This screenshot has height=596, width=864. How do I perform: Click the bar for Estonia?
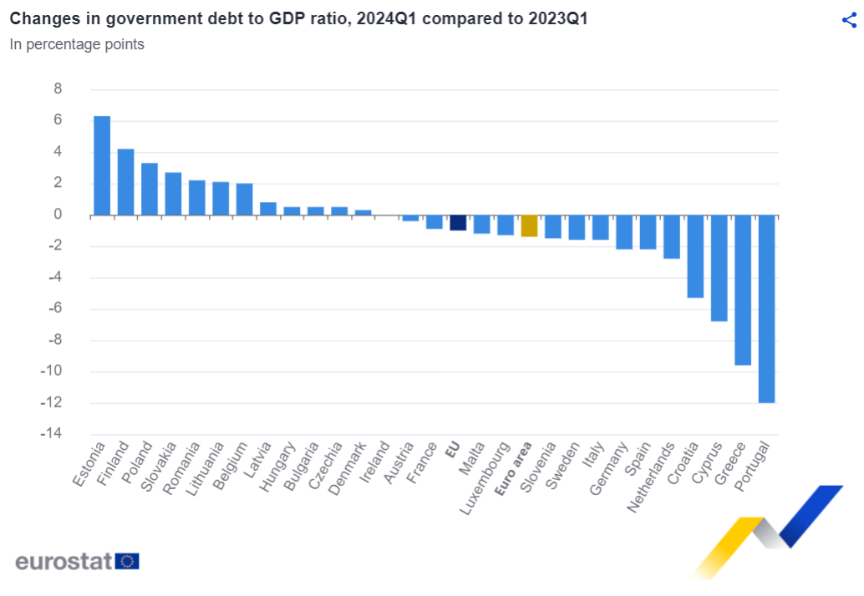(102, 165)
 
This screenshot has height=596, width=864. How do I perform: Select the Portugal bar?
(766, 309)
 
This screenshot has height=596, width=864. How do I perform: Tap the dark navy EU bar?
(458, 222)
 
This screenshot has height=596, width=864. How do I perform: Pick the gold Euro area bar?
(529, 225)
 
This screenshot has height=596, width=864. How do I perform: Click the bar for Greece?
(743, 290)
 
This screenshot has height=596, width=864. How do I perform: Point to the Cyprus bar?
(719, 268)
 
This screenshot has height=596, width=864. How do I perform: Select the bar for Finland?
(125, 182)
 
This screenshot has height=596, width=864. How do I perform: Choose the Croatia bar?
(695, 256)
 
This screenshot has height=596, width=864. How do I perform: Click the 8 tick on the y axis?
(58, 88)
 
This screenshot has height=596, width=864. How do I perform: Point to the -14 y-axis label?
(51, 433)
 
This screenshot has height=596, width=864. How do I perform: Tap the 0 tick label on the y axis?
(58, 214)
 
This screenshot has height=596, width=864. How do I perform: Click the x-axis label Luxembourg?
(485, 478)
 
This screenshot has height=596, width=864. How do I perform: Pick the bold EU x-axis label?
(452, 450)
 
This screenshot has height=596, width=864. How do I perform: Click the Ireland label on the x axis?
(374, 462)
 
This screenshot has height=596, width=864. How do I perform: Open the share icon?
(849, 20)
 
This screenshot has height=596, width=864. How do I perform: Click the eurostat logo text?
(64, 561)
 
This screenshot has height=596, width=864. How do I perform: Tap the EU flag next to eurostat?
(127, 561)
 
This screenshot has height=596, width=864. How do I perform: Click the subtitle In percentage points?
(77, 44)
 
